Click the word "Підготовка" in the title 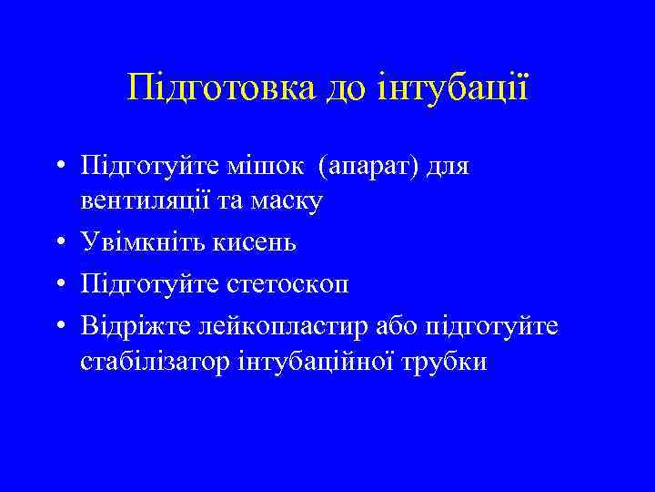[x=221, y=88]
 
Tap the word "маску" [x=285, y=202]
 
